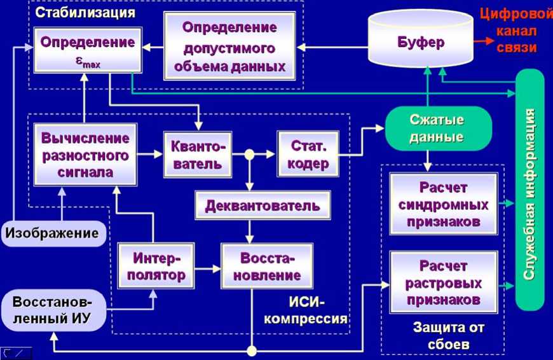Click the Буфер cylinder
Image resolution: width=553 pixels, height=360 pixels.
point(421,42)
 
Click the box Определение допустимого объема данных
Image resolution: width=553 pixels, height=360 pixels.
point(229,46)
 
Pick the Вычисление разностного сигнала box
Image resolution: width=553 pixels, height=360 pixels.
point(85,155)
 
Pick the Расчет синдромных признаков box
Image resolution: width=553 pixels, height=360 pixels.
point(443,205)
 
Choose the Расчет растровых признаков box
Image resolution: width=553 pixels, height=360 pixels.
point(443,282)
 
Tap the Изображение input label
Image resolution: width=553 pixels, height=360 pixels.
point(52,233)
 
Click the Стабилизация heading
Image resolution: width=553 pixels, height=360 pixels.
point(85,11)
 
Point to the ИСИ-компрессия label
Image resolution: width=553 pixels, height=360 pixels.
point(305,310)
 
